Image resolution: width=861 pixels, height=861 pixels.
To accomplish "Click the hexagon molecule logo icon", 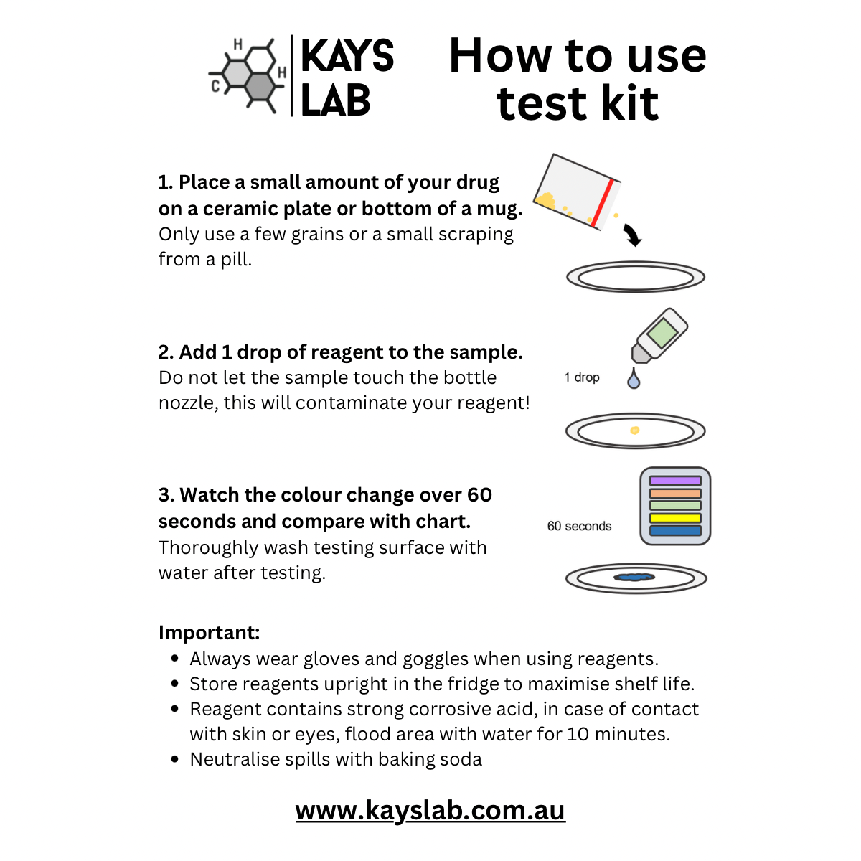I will [248, 75].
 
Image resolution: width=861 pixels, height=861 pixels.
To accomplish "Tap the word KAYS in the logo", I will [347, 56].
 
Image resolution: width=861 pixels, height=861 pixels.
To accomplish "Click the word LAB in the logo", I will [335, 100].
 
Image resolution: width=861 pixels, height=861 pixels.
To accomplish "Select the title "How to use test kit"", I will [578, 79].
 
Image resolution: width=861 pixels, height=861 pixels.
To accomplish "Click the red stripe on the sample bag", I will [602, 203].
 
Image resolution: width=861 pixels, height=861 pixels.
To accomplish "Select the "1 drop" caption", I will [582, 377].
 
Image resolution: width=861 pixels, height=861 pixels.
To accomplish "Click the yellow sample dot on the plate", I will [634, 430].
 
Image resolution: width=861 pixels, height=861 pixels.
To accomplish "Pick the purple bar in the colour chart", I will [675, 481].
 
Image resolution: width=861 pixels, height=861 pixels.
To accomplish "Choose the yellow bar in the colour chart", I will [675, 518].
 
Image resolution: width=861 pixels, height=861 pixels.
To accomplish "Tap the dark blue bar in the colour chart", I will [675, 531].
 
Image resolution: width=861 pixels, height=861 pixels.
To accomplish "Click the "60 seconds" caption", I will [579, 526].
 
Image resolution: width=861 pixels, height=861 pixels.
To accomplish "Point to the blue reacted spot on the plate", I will [635, 577].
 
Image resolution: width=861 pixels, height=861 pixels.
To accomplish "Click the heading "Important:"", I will [209, 633].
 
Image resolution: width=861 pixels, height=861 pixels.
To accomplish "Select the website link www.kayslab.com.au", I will [430, 810].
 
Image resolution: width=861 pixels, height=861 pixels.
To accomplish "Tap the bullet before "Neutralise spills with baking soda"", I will [175, 759].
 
